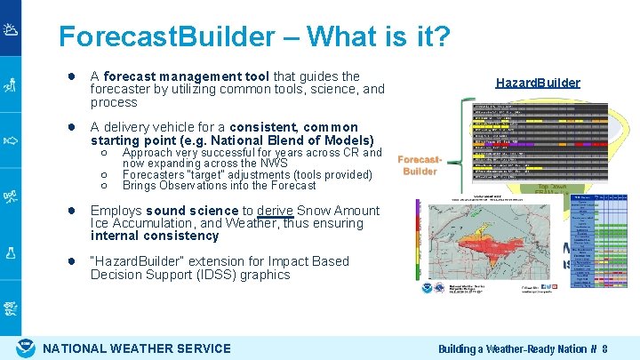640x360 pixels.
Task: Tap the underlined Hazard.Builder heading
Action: (x=537, y=83)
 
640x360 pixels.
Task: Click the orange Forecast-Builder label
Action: (x=420, y=165)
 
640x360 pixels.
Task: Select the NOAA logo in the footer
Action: (x=26, y=348)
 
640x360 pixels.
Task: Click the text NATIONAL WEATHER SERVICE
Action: (x=137, y=348)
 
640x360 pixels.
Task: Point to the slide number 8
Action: (x=604, y=348)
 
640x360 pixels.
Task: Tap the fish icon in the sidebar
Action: (x=11, y=140)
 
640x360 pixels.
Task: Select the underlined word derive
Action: (x=275, y=211)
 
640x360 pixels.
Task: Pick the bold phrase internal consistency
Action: (x=155, y=236)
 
